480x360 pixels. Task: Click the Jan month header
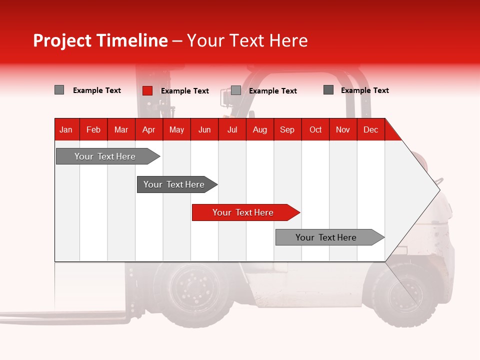[x=66, y=130]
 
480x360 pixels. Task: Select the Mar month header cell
[x=121, y=130]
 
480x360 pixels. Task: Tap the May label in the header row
[x=176, y=130]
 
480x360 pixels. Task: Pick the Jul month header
[x=232, y=130]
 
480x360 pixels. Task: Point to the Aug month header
[x=260, y=130]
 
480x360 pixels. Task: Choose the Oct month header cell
[x=315, y=130]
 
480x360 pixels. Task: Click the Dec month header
[x=370, y=130]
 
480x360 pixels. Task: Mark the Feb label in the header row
[x=93, y=130]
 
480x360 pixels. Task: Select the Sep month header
[x=287, y=130]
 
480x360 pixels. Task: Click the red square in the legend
[x=147, y=90]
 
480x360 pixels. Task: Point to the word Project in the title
[x=62, y=40]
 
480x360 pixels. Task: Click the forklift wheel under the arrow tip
[x=404, y=295]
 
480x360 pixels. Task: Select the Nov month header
[x=343, y=130]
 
